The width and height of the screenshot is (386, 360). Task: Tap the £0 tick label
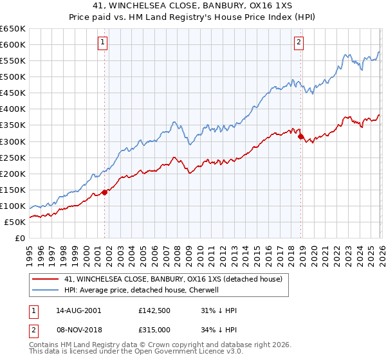(21, 238)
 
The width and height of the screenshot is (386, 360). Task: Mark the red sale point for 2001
(104, 192)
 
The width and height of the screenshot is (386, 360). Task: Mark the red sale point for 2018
(300, 136)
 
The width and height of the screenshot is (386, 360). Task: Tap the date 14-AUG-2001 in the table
(78, 310)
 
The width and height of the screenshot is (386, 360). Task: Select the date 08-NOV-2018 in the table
(78, 329)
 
